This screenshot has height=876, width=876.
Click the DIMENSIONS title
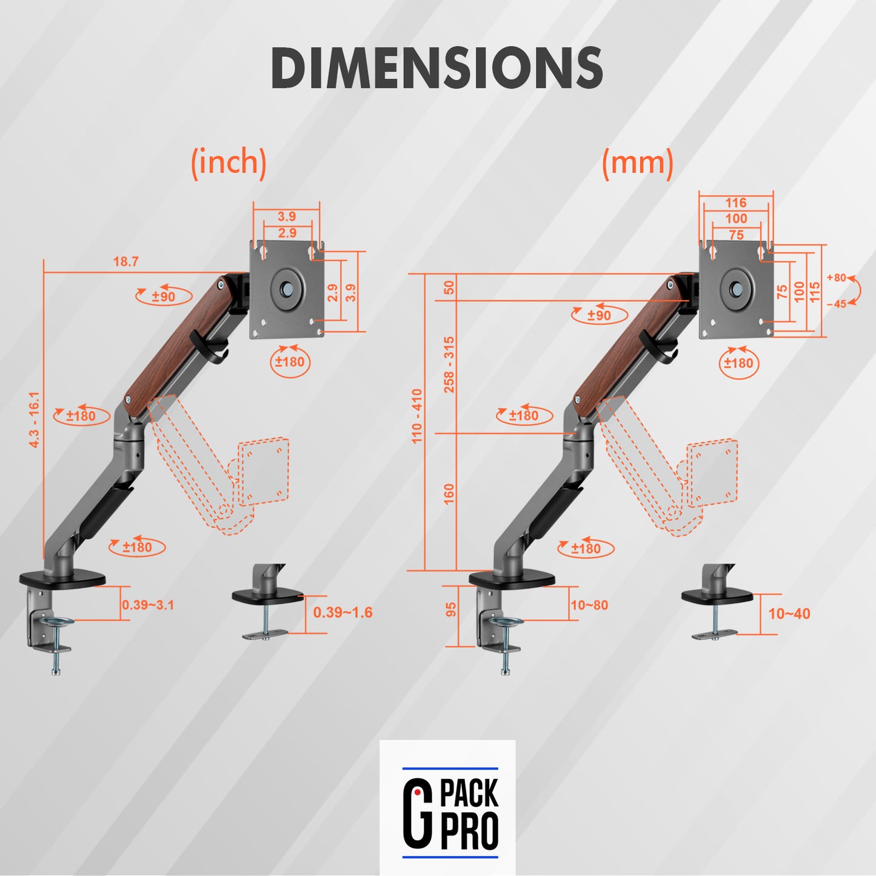[437, 68]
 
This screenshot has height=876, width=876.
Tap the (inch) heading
[229, 162]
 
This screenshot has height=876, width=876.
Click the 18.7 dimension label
[125, 261]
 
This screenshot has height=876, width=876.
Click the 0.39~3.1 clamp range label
[148, 605]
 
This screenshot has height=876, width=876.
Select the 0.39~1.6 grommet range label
[343, 612]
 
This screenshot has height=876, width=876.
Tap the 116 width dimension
[735, 202]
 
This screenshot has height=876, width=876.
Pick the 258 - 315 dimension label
[449, 364]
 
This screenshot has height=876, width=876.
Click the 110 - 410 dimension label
[417, 416]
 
